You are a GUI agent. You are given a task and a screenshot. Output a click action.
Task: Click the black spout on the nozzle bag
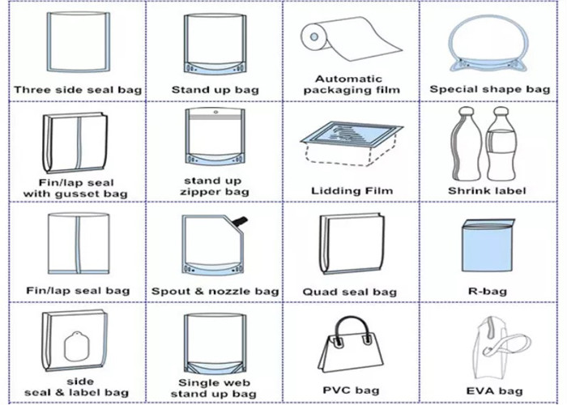tap(240, 221)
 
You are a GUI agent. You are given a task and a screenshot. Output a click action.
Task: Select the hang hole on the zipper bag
tap(216, 112)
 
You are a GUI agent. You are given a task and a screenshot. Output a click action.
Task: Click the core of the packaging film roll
tap(314, 37)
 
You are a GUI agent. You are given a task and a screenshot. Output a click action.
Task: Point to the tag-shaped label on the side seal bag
tap(76, 347)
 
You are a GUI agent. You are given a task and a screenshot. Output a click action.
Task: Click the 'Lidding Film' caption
tap(352, 190)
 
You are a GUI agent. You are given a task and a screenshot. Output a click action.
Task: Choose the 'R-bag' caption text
tap(488, 291)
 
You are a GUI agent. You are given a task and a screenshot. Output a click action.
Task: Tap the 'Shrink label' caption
tap(487, 190)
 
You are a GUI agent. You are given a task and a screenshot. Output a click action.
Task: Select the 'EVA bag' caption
tap(494, 390)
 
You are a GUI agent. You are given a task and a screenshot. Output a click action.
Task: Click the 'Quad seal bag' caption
tap(350, 292)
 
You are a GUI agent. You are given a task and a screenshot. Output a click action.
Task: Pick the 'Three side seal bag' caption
tap(78, 90)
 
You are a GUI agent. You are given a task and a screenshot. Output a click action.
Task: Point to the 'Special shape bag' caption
tap(489, 89)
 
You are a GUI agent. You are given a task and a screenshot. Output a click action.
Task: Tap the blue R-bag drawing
tap(488, 246)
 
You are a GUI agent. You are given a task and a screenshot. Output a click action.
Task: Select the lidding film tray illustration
tap(352, 143)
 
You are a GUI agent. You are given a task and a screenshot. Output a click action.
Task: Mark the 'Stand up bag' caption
tap(215, 89)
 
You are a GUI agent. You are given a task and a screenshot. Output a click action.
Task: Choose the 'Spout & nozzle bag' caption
tap(215, 291)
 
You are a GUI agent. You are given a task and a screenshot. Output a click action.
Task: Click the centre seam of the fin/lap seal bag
tap(78, 244)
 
